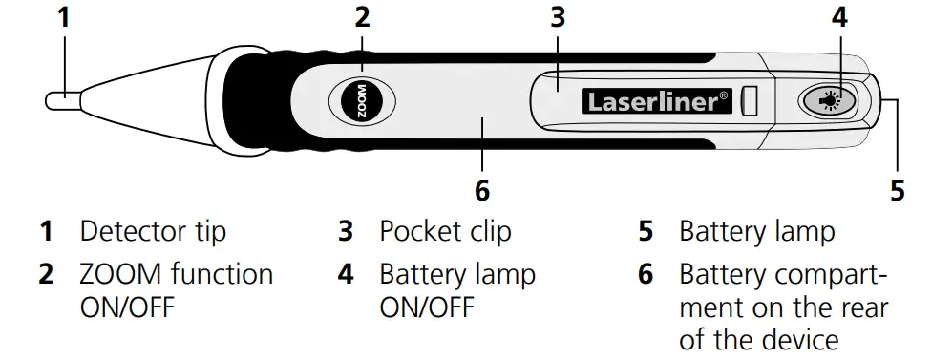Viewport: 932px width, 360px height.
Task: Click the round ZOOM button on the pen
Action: (362, 99)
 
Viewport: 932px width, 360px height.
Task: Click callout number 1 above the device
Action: (64, 17)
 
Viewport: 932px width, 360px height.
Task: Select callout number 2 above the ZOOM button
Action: (362, 17)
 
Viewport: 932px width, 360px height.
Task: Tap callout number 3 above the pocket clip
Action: (559, 17)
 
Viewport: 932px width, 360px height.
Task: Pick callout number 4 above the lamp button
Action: (838, 17)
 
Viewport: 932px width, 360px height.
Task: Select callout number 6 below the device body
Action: (482, 190)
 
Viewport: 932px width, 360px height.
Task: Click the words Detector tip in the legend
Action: (153, 231)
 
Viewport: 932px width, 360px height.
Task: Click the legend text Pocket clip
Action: (445, 231)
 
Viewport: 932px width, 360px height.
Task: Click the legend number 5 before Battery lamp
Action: (646, 231)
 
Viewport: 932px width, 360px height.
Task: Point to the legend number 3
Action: (346, 231)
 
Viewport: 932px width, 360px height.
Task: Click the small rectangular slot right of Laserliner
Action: (752, 100)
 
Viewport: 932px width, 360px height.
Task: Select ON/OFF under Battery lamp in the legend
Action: (428, 307)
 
